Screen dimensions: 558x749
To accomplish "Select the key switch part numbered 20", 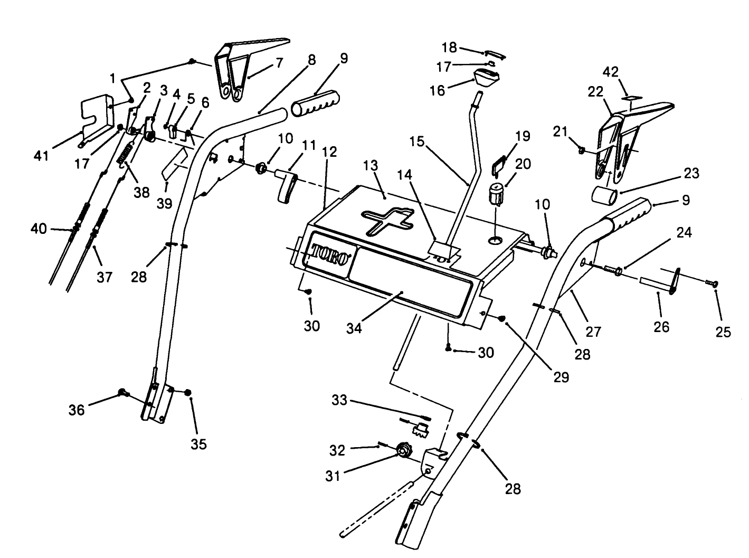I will pyautogui.click(x=496, y=194).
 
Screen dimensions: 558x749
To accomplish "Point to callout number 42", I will pyautogui.click(x=611, y=72).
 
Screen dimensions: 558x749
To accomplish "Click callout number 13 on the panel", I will pyautogui.click(x=371, y=165).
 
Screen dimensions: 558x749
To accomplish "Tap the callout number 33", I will pyautogui.click(x=339, y=400).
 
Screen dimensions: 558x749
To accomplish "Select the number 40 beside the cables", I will pyautogui.click(x=39, y=229).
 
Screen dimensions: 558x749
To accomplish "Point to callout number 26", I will pyautogui.click(x=661, y=327).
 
